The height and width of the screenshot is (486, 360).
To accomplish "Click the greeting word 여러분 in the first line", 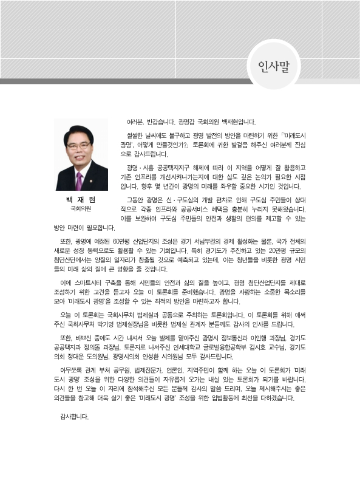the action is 135,122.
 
